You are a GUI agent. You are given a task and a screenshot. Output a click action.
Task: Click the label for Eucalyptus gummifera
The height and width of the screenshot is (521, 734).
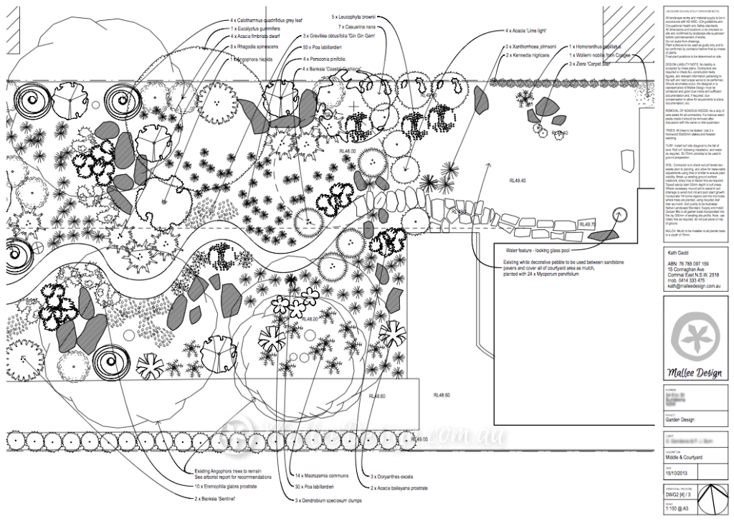(261, 29)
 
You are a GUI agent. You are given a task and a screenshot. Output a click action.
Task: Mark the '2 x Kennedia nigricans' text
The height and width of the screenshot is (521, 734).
(531, 54)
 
